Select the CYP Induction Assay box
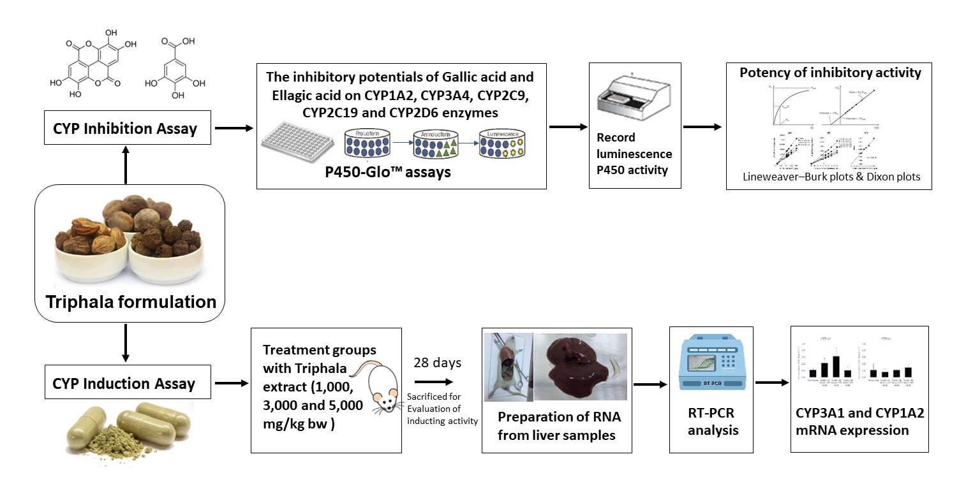tap(123, 383)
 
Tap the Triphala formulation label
tap(131, 301)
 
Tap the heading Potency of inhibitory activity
tap(830, 73)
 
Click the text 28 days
tap(436, 363)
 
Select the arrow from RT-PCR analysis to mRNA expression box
tap(771, 383)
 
